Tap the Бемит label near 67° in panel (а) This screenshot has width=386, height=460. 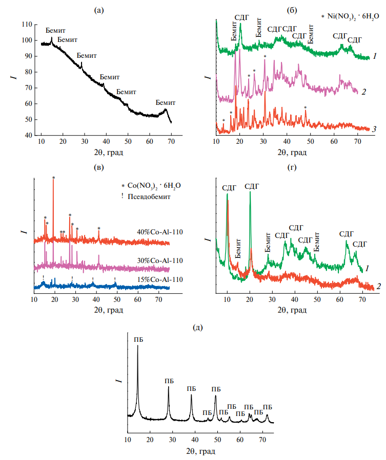[x=166, y=102]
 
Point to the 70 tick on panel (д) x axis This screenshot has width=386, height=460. [x=263, y=439]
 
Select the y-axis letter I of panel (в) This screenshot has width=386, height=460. [x=22, y=233]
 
